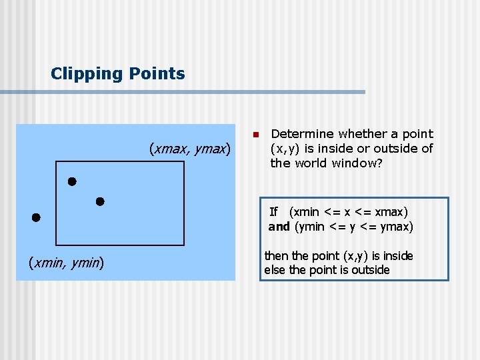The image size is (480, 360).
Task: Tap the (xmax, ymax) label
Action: pos(189,147)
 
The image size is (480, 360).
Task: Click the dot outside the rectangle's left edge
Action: pos(35,217)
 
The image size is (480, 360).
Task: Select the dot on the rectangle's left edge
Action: pos(71,181)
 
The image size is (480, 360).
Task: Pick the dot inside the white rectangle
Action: pos(100,201)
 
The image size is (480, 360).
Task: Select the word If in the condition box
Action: pos(273,212)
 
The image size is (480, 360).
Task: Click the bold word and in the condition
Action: pos(279,227)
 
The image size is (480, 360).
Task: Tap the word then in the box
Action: pos(275,256)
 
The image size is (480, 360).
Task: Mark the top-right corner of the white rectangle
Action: pos(183,162)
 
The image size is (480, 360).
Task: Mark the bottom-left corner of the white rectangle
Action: pos(57,245)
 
